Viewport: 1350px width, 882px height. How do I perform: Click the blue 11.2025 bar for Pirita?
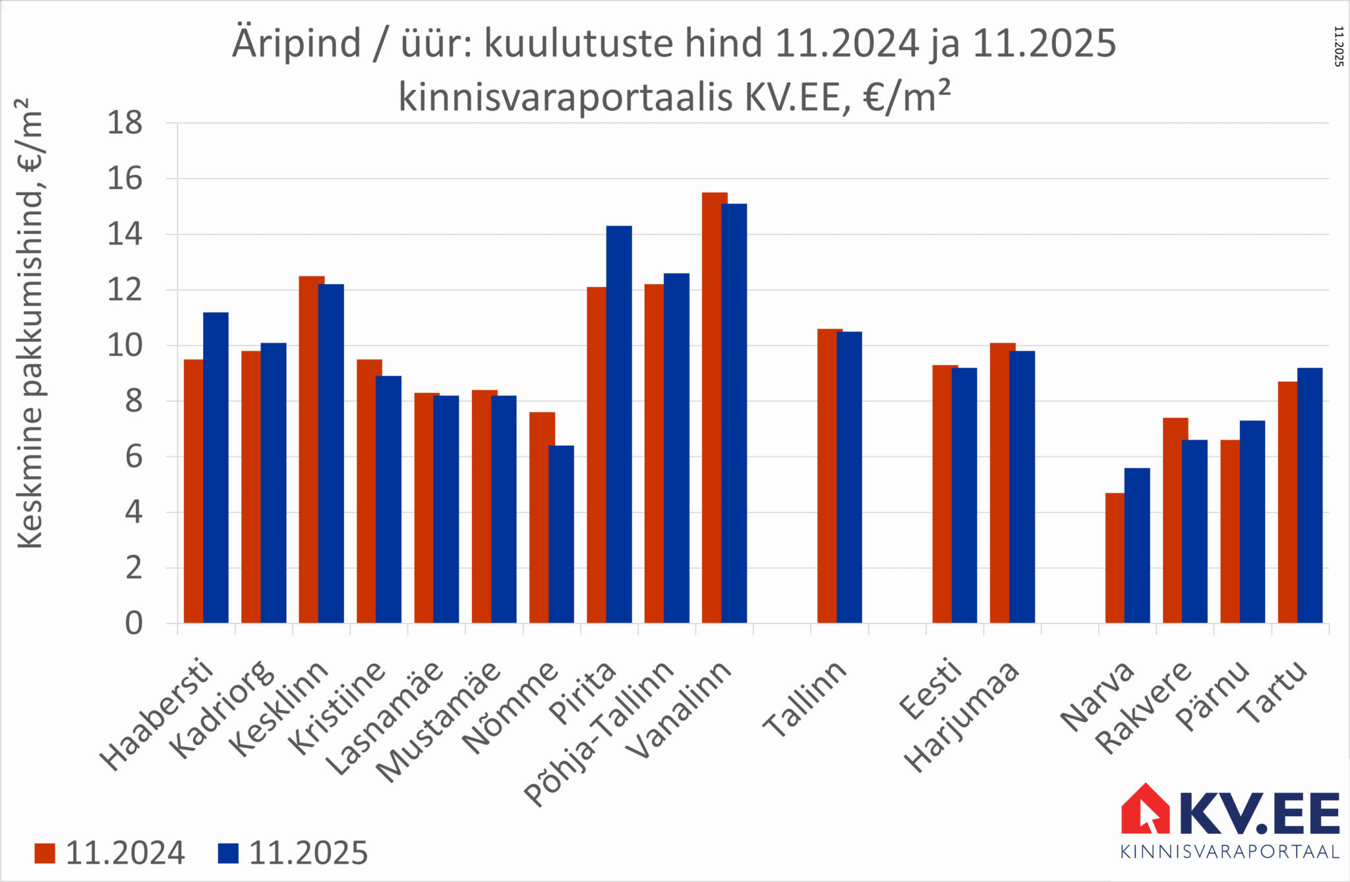tap(619, 425)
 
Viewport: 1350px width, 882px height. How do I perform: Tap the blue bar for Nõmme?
tap(561, 534)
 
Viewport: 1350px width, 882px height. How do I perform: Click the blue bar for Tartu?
tap(1310, 495)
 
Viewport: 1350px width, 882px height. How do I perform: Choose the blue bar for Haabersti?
tap(216, 467)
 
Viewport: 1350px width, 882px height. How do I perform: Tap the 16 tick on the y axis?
tap(125, 179)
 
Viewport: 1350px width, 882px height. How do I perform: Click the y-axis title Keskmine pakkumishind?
tap(30, 323)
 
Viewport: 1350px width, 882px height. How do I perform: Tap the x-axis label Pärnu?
tap(1214, 695)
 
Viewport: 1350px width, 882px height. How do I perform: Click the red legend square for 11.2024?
tap(45, 853)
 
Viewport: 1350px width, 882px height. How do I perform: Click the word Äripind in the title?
tap(296, 44)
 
